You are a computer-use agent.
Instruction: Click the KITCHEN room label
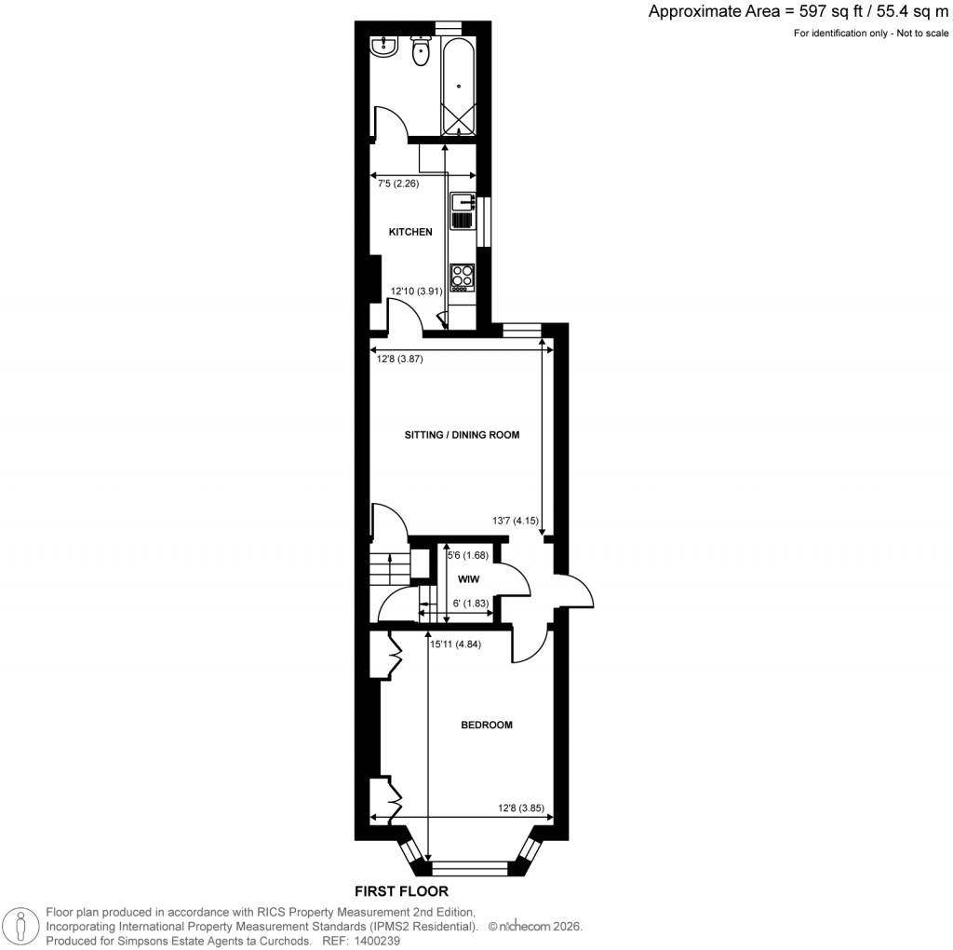click(x=410, y=232)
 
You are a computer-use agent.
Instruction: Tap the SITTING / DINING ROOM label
click(x=462, y=435)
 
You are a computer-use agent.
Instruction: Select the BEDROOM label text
click(x=487, y=725)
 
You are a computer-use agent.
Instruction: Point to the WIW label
click(x=468, y=578)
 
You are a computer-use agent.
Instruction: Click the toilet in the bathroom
click(x=421, y=52)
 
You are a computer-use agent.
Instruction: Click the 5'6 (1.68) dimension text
click(x=468, y=556)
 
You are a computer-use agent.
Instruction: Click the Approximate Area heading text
click(x=799, y=12)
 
